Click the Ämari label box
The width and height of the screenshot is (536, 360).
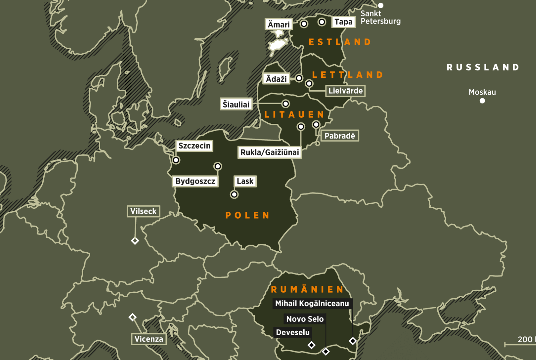[x=279, y=24]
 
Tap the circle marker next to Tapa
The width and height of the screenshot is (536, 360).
[x=322, y=22]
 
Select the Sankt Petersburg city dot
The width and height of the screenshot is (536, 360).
[x=381, y=5]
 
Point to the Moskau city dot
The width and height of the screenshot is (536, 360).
[x=482, y=101]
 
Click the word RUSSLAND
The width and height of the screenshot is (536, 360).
[x=483, y=67]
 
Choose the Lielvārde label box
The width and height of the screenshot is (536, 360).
[x=345, y=91]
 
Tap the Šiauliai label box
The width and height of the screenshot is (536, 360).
[x=236, y=104]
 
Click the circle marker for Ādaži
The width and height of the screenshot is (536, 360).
[x=299, y=78]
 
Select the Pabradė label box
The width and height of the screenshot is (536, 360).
[x=340, y=136]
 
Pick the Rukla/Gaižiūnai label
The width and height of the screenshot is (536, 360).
[x=270, y=152]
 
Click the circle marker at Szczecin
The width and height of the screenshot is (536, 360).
[x=176, y=160]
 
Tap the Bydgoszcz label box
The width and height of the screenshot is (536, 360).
[x=195, y=181]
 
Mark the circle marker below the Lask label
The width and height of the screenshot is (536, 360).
[x=234, y=194]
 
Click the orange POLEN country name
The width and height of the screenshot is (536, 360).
[x=247, y=215]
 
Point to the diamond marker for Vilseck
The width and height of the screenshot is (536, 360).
[x=135, y=241]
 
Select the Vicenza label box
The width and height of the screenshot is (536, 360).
[x=149, y=339]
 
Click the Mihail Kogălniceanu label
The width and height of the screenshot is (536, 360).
[x=312, y=303]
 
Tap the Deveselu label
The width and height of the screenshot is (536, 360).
[x=293, y=332]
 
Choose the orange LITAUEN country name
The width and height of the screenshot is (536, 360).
[x=294, y=114]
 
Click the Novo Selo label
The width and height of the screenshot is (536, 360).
[x=305, y=319]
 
